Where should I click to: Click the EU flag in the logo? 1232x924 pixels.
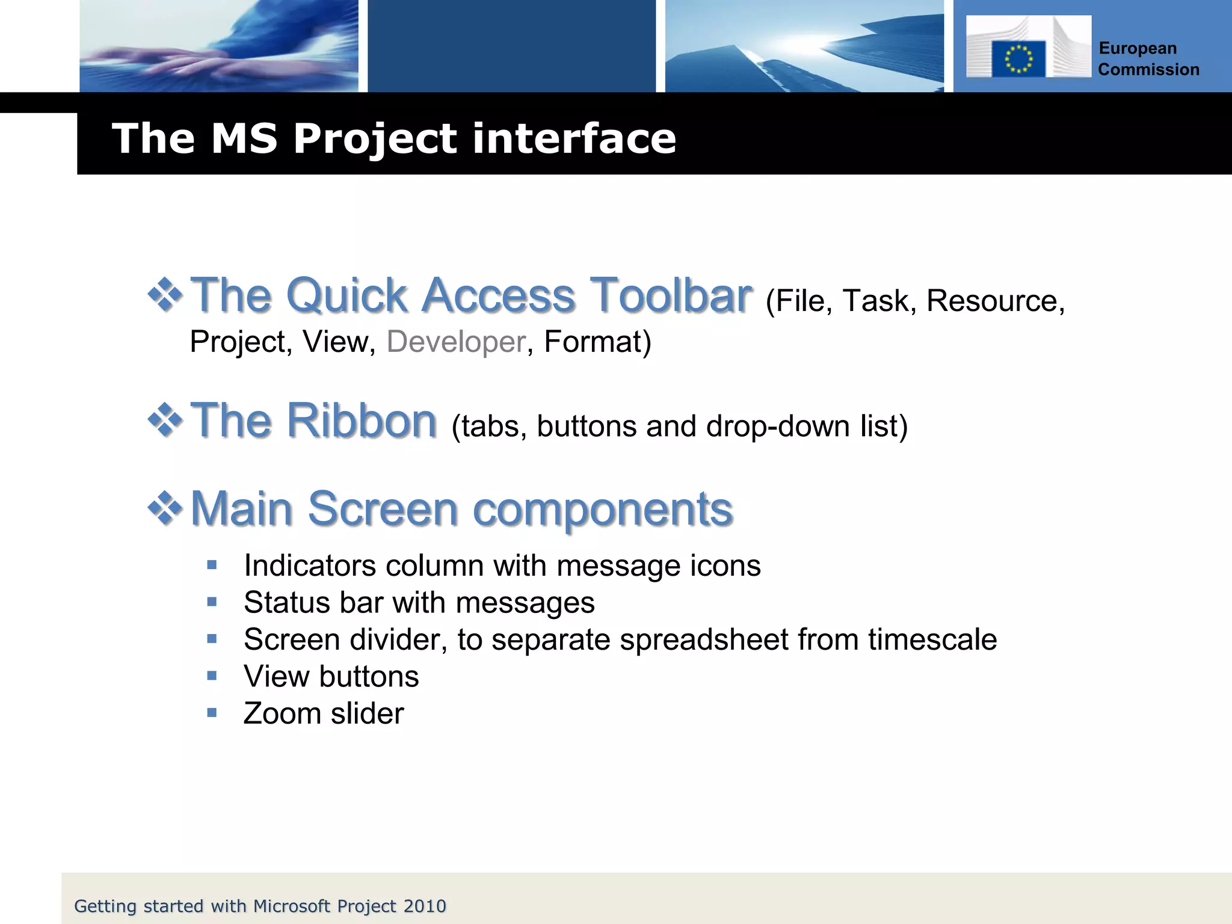point(1018,59)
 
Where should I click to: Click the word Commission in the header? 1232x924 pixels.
point(1148,70)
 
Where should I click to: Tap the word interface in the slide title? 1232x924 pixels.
point(574,138)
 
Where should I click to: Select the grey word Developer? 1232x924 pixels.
point(456,342)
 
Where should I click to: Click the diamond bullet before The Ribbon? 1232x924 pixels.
point(165,420)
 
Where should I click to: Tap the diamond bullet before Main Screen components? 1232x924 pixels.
point(165,508)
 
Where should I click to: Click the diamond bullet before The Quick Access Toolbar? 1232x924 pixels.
point(165,295)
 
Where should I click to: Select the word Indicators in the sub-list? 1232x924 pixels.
point(309,566)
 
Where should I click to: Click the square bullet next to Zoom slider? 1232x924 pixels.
point(212,713)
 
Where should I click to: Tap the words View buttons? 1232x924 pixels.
point(331,677)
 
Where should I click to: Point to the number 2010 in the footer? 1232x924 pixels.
point(425,906)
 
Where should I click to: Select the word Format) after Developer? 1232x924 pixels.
point(597,342)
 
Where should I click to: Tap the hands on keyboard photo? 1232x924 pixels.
point(219,46)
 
